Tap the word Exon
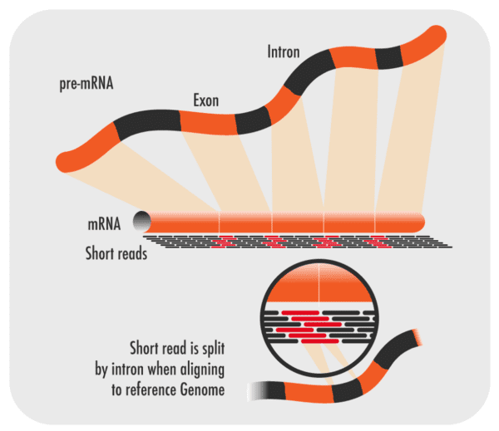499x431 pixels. click(205, 100)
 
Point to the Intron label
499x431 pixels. click(284, 51)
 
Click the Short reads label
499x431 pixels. click(116, 252)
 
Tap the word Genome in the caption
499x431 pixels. click(203, 389)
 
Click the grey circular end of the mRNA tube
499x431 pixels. click(139, 222)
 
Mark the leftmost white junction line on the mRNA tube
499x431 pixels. click(220, 222)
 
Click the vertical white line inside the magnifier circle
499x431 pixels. click(320, 282)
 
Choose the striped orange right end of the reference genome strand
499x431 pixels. click(414, 335)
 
